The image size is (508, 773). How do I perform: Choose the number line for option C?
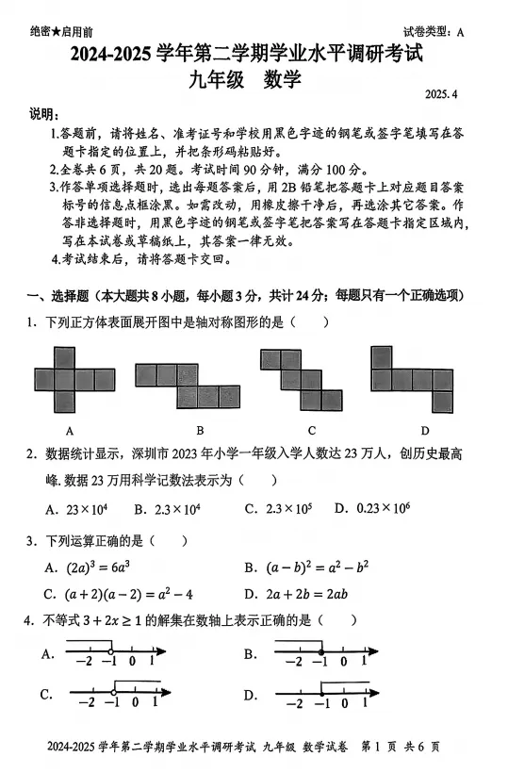point(115,697)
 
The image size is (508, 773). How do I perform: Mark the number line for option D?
point(326,697)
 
